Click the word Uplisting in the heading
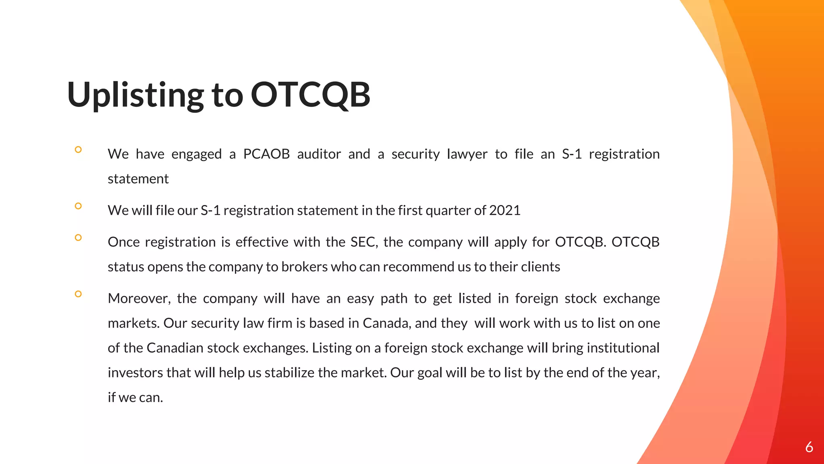136,95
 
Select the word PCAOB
266,154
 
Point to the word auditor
319,154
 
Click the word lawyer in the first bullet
467,154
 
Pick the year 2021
505,210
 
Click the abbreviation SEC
364,242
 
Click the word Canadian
175,348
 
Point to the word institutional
623,348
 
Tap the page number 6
809,447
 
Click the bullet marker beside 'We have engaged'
78,149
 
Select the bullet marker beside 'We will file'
78,206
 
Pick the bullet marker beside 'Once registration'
78,238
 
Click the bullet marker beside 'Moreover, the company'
78,294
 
